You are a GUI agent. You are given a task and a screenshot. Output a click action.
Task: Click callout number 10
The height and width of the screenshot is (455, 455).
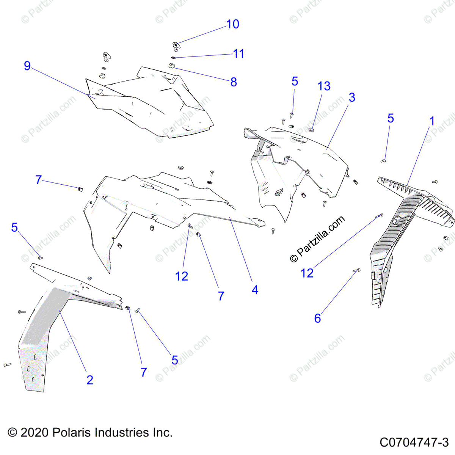[x=232, y=24]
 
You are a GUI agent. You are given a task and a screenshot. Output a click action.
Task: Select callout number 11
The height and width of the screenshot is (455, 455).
[x=238, y=53]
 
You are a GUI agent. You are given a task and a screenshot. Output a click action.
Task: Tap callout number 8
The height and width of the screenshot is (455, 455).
[x=234, y=82]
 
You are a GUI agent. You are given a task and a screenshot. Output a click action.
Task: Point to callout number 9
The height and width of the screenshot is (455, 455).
[x=27, y=66]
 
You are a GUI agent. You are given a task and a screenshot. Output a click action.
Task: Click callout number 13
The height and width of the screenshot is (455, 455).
[x=324, y=86]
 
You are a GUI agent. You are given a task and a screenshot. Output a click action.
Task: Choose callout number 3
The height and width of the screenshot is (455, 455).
[x=352, y=97]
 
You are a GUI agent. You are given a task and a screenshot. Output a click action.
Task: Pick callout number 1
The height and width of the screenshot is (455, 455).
[x=432, y=121]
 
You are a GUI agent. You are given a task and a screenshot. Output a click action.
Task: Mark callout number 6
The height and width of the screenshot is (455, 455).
[x=318, y=318]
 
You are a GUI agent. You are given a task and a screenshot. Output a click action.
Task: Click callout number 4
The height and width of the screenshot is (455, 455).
[x=255, y=290]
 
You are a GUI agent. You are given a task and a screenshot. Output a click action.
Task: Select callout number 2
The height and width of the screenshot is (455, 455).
[x=90, y=380]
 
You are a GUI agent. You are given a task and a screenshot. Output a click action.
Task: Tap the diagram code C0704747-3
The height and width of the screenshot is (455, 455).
[x=414, y=442]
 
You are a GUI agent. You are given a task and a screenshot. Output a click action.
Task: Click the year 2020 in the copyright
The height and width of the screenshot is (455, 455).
[x=35, y=433]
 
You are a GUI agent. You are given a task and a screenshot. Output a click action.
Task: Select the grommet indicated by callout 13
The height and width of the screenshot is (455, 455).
[x=311, y=130]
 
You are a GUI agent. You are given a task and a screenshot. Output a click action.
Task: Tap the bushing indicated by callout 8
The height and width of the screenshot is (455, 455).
[x=171, y=66]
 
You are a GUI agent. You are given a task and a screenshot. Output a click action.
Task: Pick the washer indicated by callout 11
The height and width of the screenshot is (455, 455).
[x=173, y=57]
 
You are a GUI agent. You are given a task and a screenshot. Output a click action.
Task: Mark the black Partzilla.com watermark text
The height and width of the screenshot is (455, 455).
[x=318, y=239]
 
